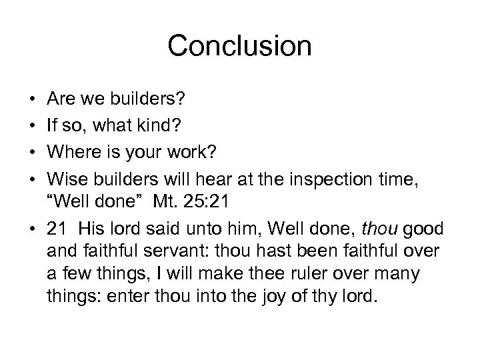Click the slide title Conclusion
(239, 46)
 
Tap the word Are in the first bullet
(61, 100)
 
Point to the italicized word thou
(378, 230)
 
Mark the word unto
(209, 230)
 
